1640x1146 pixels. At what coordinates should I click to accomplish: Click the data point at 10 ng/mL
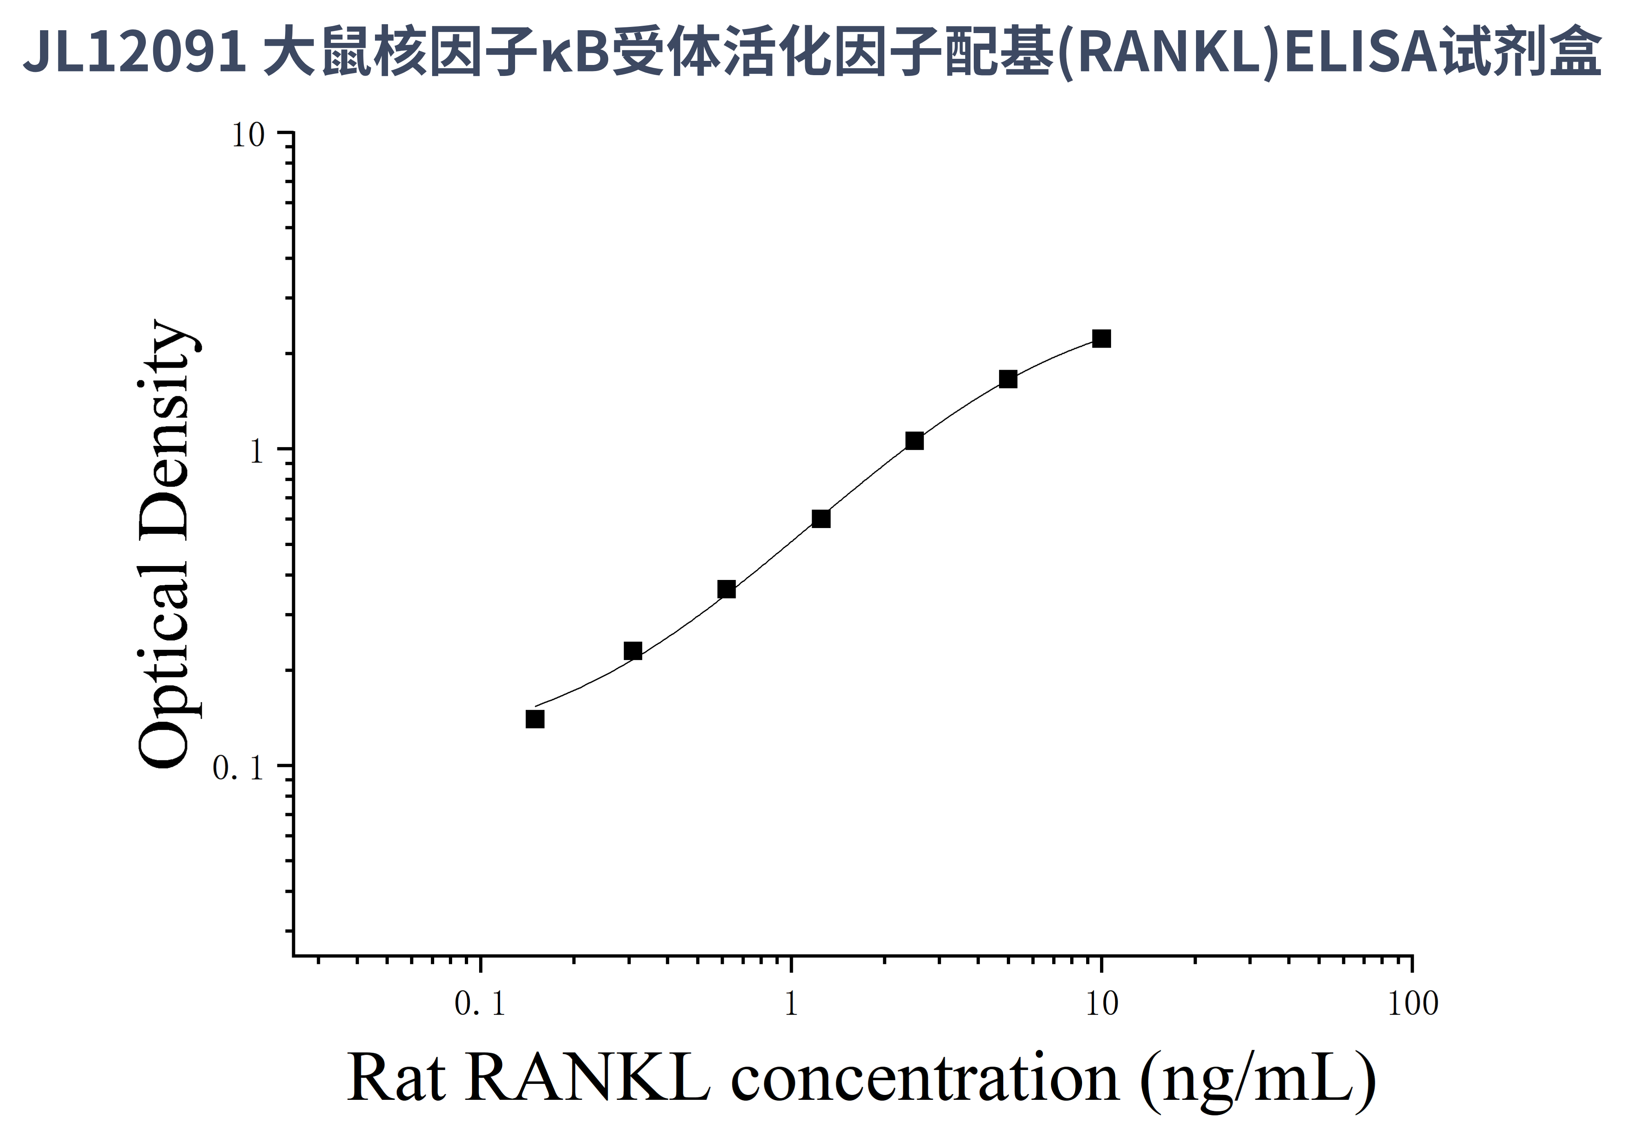(1101, 339)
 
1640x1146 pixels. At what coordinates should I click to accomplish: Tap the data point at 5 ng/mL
(1008, 379)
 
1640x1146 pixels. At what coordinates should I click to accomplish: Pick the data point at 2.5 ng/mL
(914, 441)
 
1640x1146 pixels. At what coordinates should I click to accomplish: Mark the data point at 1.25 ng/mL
(821, 519)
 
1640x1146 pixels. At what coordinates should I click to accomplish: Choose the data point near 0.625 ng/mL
(726, 589)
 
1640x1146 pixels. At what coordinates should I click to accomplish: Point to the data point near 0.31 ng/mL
(633, 651)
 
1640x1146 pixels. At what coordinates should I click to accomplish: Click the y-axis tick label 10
(248, 135)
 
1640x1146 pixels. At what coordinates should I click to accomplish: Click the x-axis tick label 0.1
(480, 1004)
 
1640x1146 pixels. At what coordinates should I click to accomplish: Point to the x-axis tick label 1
(791, 1004)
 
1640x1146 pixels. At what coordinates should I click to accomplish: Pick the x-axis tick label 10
(1101, 1004)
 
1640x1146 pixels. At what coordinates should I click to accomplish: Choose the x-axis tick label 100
(1412, 1004)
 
